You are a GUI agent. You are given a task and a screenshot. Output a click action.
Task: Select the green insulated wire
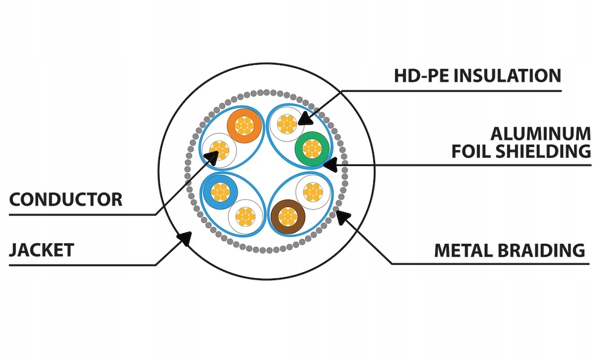click(x=312, y=148)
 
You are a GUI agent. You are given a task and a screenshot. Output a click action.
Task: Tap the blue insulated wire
click(x=218, y=192)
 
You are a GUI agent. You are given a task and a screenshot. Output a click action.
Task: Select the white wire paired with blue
click(x=245, y=215)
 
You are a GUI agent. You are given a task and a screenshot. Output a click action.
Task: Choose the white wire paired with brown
click(x=312, y=192)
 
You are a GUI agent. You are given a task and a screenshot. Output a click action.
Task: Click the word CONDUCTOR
click(x=66, y=199)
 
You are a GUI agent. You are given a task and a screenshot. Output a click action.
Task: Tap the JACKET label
click(x=42, y=249)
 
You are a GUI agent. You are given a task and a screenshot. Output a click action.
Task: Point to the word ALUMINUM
click(x=540, y=133)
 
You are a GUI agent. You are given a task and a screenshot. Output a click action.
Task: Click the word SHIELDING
click(x=543, y=151)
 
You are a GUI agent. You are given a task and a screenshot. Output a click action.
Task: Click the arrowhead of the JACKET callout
click(x=185, y=238)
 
